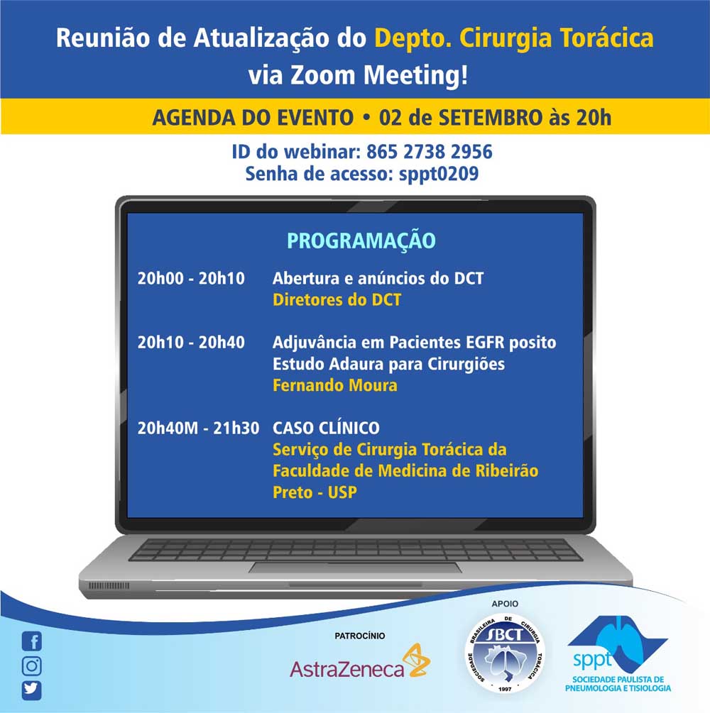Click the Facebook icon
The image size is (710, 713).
click(x=32, y=641)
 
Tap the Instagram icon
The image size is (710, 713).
click(x=32, y=665)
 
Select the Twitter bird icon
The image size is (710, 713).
click(x=32, y=690)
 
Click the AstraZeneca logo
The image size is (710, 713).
click(x=360, y=662)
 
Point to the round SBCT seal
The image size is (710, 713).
click(x=505, y=653)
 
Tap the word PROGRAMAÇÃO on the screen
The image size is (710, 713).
click(x=361, y=241)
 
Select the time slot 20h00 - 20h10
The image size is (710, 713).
click(x=191, y=278)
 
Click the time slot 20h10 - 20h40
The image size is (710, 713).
click(x=191, y=343)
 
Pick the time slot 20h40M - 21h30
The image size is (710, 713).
click(x=198, y=428)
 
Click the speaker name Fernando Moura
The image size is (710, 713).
click(x=335, y=386)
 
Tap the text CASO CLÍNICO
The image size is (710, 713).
click(x=326, y=428)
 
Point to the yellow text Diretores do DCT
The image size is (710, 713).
click(x=337, y=299)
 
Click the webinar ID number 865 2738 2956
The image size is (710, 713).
click(x=429, y=152)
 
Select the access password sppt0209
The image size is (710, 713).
click(x=439, y=174)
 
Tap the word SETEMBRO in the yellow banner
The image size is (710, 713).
click(x=490, y=117)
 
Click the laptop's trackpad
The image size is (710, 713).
click(x=355, y=567)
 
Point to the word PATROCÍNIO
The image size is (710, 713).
click(x=360, y=636)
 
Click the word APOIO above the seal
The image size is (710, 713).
click(x=505, y=604)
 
